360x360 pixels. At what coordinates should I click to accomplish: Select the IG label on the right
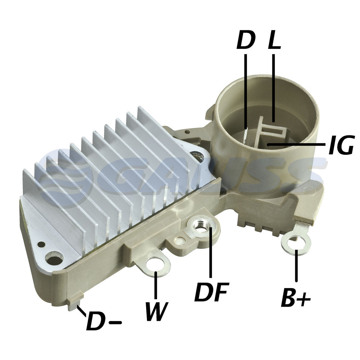(x=341, y=145)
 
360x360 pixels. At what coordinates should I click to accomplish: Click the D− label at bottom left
(x=104, y=321)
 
